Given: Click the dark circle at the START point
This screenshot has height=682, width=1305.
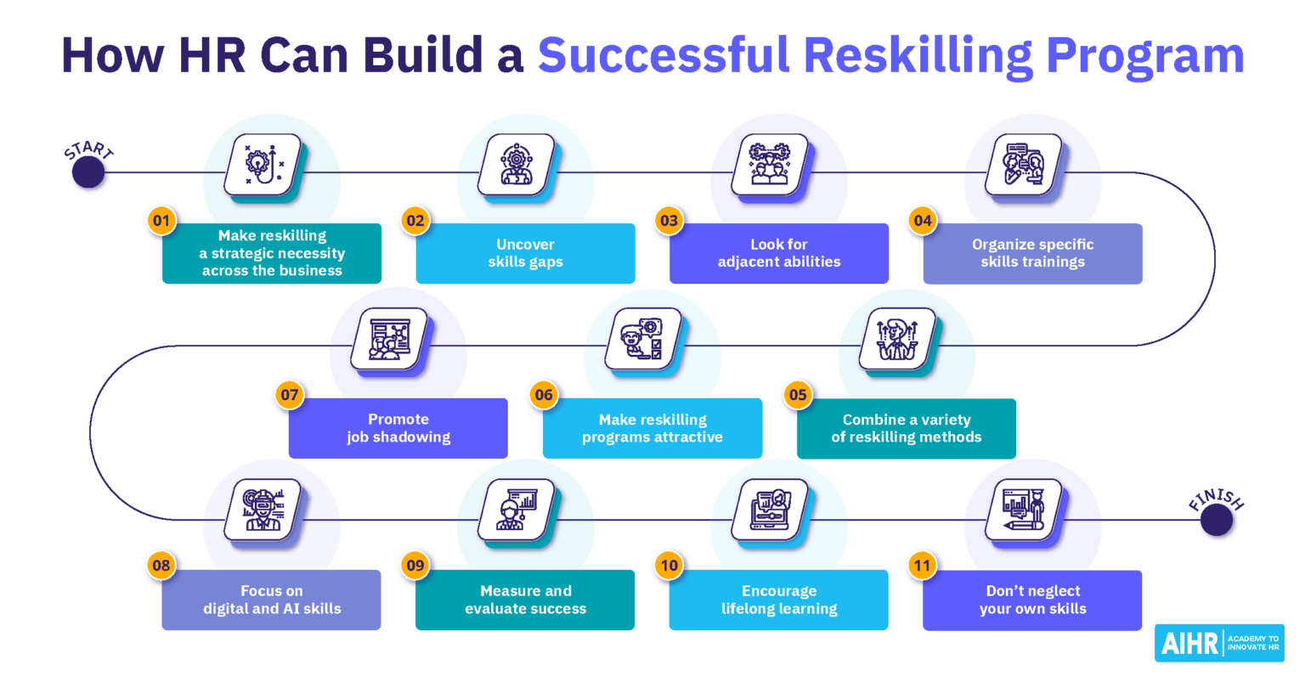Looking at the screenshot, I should point(88,172).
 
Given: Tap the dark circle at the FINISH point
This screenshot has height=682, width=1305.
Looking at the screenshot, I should point(1217,520).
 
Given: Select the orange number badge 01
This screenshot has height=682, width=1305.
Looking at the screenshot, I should point(161,221).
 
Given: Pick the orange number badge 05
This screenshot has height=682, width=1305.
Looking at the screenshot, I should point(797,395).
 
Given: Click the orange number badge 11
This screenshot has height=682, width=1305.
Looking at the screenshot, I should point(922,566).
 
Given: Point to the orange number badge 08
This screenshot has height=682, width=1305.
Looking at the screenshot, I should point(161,566).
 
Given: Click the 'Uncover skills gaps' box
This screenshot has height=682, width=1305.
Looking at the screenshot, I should point(525,253).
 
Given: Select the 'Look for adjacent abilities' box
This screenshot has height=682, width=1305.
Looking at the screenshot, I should point(778,253).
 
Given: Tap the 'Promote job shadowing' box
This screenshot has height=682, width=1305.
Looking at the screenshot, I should point(398,428).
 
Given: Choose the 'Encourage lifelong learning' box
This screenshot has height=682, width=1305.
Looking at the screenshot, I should point(778,600).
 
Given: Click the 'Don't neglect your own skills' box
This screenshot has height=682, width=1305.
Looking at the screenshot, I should point(1032,600).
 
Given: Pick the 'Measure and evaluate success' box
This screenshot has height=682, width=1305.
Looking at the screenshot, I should point(525,600).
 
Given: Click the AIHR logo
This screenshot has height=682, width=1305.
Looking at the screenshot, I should point(1219,643).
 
